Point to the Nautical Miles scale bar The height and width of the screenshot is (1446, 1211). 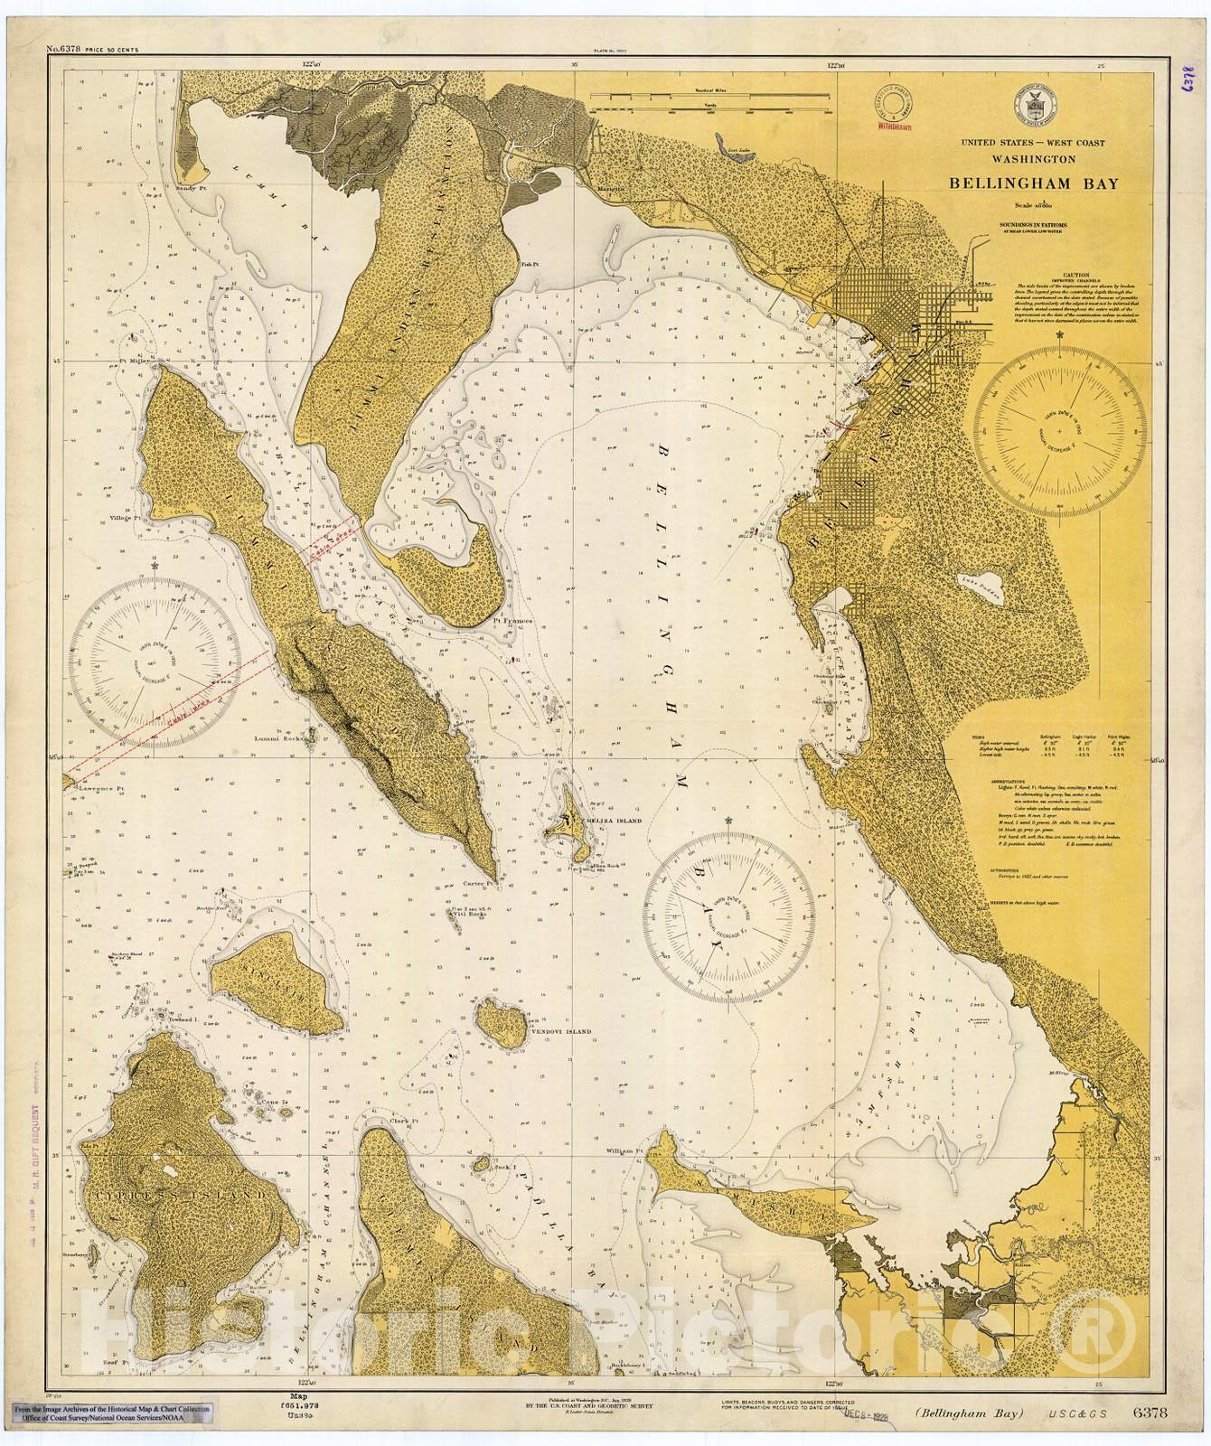tap(712, 108)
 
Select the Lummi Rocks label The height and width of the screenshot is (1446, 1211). tap(277, 737)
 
